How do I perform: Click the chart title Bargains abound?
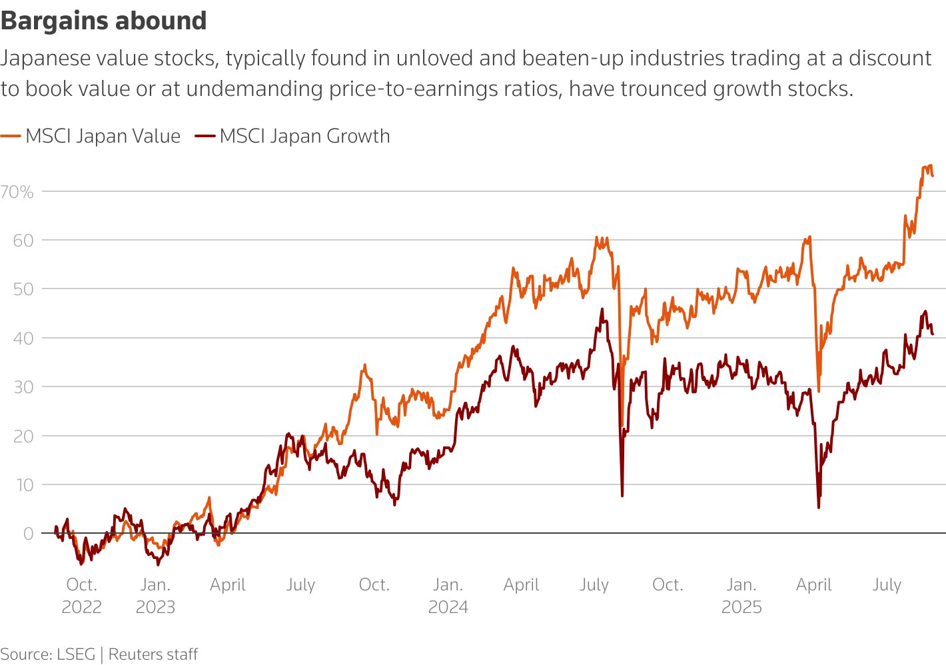[103, 21]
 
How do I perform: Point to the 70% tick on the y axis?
[17, 192]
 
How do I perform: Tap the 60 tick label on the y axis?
[23, 241]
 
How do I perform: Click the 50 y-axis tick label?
[23, 289]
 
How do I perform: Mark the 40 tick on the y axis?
[23, 338]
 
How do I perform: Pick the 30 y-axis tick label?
[23, 387]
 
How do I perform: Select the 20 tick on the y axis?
[23, 436]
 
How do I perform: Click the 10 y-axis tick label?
[24, 485]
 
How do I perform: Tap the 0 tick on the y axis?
[28, 534]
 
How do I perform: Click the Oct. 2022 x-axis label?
[81, 596]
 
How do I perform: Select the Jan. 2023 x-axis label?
[155, 596]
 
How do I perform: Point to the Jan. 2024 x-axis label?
[448, 596]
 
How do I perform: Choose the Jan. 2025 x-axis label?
[741, 596]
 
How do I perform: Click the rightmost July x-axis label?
[887, 585]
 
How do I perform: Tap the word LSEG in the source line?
[76, 654]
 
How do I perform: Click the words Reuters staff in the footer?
[153, 654]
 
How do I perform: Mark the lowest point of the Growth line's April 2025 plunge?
[818, 508]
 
